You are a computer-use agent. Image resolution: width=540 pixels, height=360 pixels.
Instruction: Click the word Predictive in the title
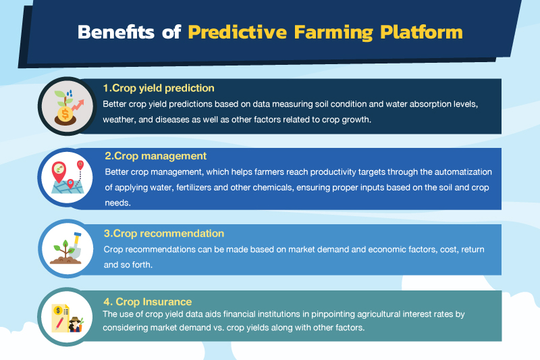tap(238, 32)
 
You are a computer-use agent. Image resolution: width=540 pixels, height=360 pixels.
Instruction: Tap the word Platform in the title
tap(421, 32)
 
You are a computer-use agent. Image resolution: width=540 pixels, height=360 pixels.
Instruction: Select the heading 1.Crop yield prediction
tap(159, 88)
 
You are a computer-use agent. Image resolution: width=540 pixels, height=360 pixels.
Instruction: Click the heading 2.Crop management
tap(156, 156)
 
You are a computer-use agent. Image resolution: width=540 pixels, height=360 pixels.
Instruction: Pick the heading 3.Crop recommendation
tap(164, 234)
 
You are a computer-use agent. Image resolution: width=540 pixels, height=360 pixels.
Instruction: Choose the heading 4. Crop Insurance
tap(147, 302)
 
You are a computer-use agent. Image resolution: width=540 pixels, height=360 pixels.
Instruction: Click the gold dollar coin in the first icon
tap(65, 113)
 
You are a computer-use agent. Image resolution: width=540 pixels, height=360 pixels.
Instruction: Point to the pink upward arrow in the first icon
tap(78, 105)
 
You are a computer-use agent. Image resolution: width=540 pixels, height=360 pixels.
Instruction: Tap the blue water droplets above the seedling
tap(70, 93)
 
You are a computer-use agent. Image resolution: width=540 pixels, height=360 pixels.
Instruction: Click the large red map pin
tap(59, 171)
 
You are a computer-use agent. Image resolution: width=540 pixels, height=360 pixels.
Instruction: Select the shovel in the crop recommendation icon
tap(75, 245)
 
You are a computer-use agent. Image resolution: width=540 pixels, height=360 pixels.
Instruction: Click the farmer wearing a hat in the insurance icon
tap(76, 324)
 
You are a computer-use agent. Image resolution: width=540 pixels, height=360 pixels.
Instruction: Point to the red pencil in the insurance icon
tap(59, 324)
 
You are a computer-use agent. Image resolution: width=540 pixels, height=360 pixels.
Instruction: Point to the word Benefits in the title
tap(116, 32)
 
